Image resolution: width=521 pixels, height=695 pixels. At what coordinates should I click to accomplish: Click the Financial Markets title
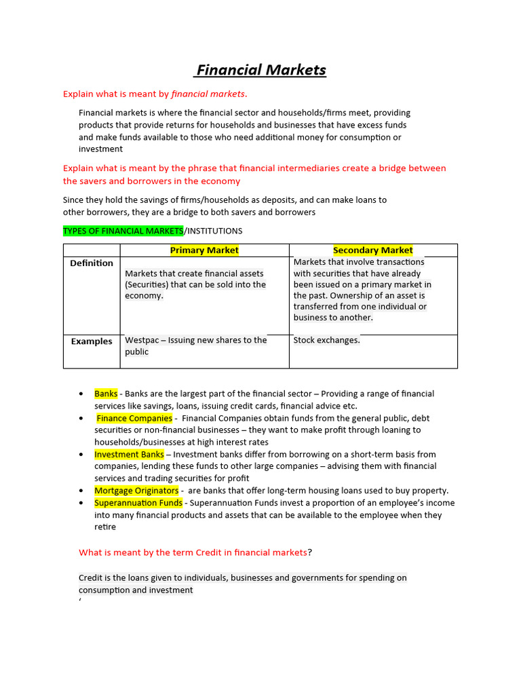(x=261, y=70)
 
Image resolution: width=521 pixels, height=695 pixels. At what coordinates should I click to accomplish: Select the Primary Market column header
(x=204, y=250)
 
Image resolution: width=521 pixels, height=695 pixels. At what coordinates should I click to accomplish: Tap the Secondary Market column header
(x=372, y=250)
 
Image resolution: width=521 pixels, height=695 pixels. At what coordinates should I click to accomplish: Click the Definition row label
(x=92, y=263)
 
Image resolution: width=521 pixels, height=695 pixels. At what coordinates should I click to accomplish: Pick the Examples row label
(x=92, y=341)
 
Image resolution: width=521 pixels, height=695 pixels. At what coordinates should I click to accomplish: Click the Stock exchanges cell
(x=326, y=340)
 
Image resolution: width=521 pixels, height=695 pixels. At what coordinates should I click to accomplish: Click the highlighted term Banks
(x=106, y=394)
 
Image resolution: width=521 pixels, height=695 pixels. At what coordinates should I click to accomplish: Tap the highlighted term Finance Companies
(x=134, y=418)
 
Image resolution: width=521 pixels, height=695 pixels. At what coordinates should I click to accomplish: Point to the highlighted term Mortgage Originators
(x=136, y=490)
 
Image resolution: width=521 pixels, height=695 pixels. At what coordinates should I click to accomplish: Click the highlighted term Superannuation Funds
(x=138, y=503)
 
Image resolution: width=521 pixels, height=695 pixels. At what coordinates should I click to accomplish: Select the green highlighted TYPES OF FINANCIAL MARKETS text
(x=123, y=231)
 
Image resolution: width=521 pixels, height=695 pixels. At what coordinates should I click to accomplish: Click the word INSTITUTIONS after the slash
(x=214, y=231)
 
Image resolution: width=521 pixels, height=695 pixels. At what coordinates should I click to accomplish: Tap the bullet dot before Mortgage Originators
(x=81, y=491)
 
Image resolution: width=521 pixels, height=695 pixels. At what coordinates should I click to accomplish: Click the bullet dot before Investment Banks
(x=81, y=455)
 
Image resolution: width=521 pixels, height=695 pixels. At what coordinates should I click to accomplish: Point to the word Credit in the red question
(x=208, y=552)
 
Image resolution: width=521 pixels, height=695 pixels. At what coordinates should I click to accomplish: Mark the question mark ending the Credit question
(x=310, y=552)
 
